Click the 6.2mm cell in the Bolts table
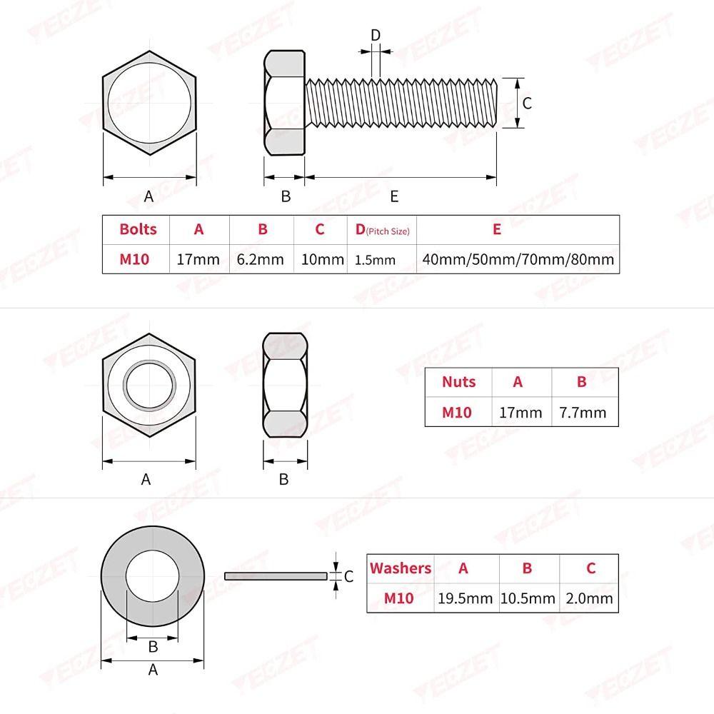point(260,260)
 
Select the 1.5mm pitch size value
point(375,260)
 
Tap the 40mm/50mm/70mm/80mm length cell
point(518,260)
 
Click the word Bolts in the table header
point(138,229)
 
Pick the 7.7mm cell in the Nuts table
point(583,413)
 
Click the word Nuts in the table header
point(458,381)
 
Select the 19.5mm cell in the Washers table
point(465,598)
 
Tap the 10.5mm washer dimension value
point(528,598)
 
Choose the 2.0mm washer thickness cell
point(589,598)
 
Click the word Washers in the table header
point(401,568)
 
